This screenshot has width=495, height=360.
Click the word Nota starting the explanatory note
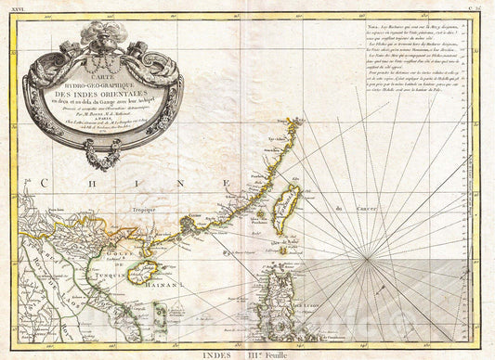tap(364, 23)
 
